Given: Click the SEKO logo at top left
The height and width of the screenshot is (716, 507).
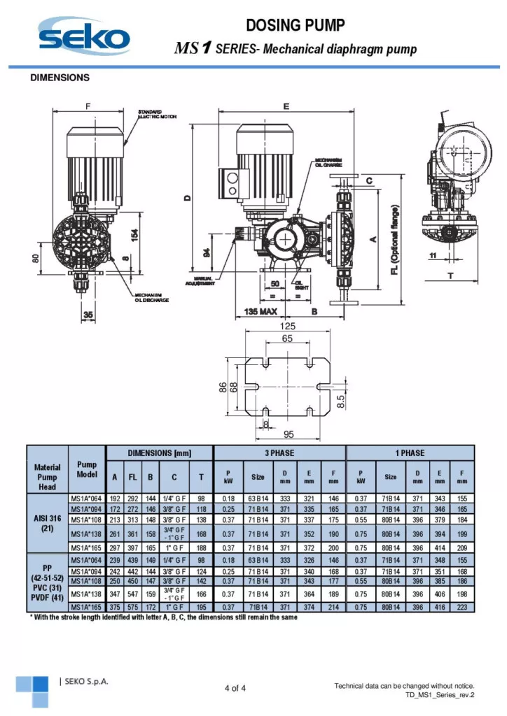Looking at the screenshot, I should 85,36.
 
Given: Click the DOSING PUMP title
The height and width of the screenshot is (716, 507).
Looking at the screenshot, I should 296,26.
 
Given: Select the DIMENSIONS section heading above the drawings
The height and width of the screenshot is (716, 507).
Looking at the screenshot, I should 60,78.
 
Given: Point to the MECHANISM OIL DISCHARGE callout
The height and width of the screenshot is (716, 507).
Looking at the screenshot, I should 151,299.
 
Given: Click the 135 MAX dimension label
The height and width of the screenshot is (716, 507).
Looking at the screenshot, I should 258,310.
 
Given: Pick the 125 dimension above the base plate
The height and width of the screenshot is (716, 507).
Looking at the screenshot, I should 287,326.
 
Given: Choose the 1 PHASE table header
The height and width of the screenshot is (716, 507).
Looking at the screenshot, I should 410,452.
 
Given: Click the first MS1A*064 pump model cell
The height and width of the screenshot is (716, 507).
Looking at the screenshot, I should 87,499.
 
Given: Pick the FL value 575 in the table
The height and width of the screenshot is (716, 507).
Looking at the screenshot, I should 132,607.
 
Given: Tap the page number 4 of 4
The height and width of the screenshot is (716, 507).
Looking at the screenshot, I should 235,688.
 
